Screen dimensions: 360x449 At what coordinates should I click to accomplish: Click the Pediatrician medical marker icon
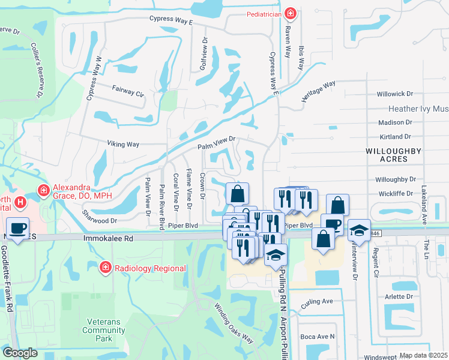291,13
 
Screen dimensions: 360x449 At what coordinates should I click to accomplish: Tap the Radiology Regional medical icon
105,266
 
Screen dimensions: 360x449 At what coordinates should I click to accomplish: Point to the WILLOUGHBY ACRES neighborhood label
393,155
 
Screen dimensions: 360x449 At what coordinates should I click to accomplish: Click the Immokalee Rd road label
107,238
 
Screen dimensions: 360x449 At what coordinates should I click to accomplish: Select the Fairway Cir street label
128,91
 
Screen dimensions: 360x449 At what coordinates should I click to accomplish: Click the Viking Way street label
123,144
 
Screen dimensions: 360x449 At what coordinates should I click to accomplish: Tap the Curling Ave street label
316,301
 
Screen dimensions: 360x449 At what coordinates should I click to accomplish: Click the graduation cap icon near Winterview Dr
358,230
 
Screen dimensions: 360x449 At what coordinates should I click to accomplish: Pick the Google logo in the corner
20,352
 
